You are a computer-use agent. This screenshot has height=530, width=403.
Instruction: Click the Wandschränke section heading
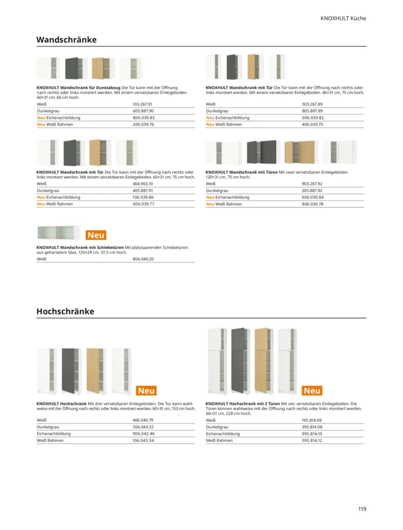pos(66,39)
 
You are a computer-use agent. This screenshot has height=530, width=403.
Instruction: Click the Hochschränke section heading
pos(65,311)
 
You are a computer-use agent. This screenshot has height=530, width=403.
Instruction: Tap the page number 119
pos(362,509)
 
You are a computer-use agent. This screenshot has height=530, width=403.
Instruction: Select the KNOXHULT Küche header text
pos(343,18)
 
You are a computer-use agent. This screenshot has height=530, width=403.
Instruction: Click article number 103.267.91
pos(143,104)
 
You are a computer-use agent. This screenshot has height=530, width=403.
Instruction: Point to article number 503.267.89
pos(312,104)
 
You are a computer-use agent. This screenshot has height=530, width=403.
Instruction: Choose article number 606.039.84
pos(312,197)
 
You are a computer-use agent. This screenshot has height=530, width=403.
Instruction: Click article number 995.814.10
pos(312,434)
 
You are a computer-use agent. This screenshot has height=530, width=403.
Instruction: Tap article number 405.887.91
pos(143,191)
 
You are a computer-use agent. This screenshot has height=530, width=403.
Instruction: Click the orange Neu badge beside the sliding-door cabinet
pos(96,235)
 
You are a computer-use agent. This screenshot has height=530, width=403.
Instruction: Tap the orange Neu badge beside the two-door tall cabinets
pos(312,391)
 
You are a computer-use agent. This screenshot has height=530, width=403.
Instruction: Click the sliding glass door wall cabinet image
pos(58,232)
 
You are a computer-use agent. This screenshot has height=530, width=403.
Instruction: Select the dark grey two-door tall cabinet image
pos(240,361)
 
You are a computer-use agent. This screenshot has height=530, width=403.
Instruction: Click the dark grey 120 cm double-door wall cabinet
pos(262,152)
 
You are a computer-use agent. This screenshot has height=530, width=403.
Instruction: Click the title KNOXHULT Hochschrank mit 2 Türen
pos(243,404)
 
